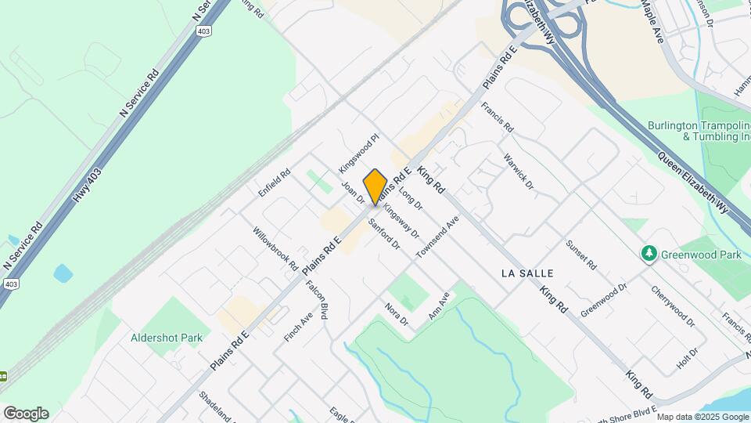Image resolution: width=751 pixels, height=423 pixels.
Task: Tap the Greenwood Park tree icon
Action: [x=648, y=254]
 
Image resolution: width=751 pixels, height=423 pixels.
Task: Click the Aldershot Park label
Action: [x=167, y=338]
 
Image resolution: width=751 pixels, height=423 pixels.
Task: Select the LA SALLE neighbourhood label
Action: [x=526, y=273]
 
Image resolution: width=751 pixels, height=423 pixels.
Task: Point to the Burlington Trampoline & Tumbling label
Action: [x=698, y=131]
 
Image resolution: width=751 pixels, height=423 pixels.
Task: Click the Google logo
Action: [x=25, y=414]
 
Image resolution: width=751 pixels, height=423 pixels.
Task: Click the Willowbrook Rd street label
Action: [x=275, y=249]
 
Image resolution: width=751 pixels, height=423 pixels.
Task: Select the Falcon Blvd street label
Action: [x=317, y=299]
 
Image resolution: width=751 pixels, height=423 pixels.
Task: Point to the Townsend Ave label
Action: [x=437, y=237]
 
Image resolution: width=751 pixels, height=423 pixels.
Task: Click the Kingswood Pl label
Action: [x=358, y=153]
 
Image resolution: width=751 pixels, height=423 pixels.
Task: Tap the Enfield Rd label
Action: [x=275, y=183]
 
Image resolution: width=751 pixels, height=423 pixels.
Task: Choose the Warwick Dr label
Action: [x=519, y=172]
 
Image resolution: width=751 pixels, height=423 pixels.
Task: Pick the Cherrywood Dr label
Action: [x=673, y=305]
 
